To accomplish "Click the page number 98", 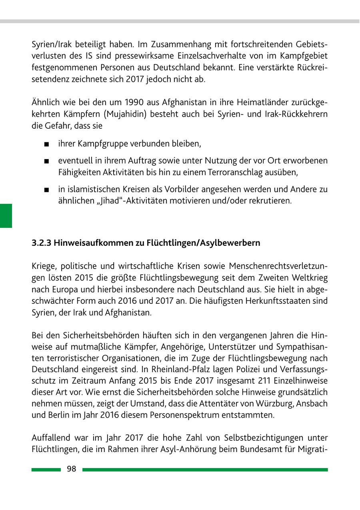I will pyautogui.click(x=72, y=469).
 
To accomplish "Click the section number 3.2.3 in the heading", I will pyautogui.click(x=42, y=243).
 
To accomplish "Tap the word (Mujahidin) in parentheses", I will pyautogui.click(x=126, y=114).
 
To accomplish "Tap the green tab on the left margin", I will pyautogui.click(x=6, y=215).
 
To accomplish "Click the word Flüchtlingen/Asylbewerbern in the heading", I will pyautogui.click(x=204, y=243).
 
